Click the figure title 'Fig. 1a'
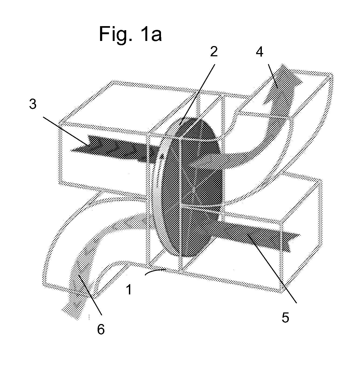pyautogui.click(x=131, y=34)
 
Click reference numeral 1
pyautogui.click(x=129, y=290)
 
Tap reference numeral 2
pyautogui.click(x=214, y=51)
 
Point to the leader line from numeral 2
pyautogui.click(x=197, y=94)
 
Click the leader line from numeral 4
pyautogui.click(x=273, y=76)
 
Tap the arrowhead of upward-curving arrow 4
pyautogui.click(x=283, y=83)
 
